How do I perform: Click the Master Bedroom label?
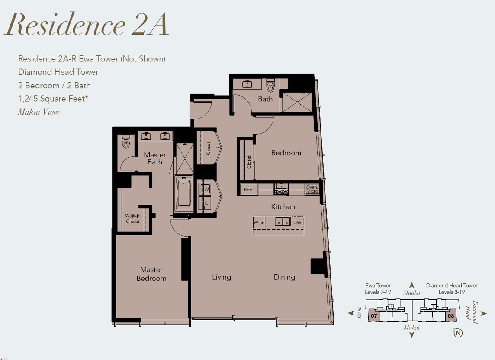pyautogui.click(x=151, y=274)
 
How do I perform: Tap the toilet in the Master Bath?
pyautogui.click(x=126, y=142)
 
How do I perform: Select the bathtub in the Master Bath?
pyautogui.click(x=183, y=193)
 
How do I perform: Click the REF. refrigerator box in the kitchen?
pyautogui.click(x=248, y=190)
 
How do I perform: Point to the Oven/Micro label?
pyautogui.click(x=312, y=189)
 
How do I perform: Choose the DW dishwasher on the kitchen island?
pyautogui.click(x=297, y=222)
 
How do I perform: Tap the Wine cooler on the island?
pyautogui.click(x=259, y=222)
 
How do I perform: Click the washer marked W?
pyautogui.click(x=205, y=189)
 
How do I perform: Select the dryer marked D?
pyautogui.click(x=205, y=203)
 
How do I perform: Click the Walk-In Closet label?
pyautogui.click(x=132, y=219)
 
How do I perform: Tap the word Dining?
pyautogui.click(x=284, y=277)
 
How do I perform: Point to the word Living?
pyautogui.click(x=221, y=277)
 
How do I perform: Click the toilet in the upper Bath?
pyautogui.click(x=270, y=86)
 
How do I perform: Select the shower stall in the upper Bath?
pyautogui.click(x=297, y=102)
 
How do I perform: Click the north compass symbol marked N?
pyautogui.click(x=458, y=333)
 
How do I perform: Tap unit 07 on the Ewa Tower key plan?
pyautogui.click(x=374, y=315)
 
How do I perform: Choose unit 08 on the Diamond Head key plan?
pyautogui.click(x=451, y=315)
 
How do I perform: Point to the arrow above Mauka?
pyautogui.click(x=411, y=285)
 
